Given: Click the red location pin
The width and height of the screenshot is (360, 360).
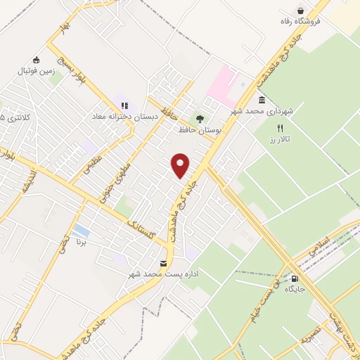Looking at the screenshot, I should coord(181,165).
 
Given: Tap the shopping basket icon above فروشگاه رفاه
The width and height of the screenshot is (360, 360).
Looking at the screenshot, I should coord(301,11).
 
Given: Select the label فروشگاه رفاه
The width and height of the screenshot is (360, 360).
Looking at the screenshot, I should coord(300,22).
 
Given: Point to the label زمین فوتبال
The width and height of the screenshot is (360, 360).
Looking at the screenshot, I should coord(36,70).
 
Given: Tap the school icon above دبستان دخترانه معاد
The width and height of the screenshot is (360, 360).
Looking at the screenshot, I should coord(124,105).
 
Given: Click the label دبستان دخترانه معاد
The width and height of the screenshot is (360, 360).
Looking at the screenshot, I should coord(124,116).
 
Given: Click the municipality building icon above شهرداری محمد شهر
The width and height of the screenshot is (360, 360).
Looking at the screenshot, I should coord(262,100).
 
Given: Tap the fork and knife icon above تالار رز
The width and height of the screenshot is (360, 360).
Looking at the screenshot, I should coord(279,128).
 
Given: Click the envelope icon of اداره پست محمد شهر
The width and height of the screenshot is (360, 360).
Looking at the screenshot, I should coord(164,263).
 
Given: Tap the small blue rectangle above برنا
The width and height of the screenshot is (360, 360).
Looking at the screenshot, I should coord(81,230).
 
